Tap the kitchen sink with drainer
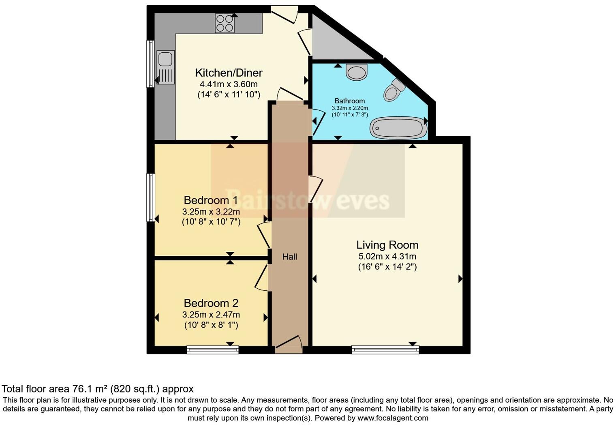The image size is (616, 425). coord(165,67)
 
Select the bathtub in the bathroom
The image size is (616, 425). coord(398,128)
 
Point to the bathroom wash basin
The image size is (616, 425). coord(357,72)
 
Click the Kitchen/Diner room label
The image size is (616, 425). coord(229,73)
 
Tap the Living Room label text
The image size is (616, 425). coord(387,245)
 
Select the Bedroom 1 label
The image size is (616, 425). coord(211,200)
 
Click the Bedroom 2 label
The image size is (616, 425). coord(211,303)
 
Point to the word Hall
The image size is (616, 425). coord(289,257)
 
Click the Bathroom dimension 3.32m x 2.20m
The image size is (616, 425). coord(349,108)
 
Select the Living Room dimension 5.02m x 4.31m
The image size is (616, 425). coord(387,256)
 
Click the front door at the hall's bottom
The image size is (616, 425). coord(289,345)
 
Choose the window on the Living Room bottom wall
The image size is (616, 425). coord(385,350)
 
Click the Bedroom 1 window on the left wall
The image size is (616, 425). coord(150,197)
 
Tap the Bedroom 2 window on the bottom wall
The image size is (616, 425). coord(212,350)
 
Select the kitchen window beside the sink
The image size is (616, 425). coord(150,64)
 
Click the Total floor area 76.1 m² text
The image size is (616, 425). coord(98,389)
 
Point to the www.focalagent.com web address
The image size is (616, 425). coord(392,418)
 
